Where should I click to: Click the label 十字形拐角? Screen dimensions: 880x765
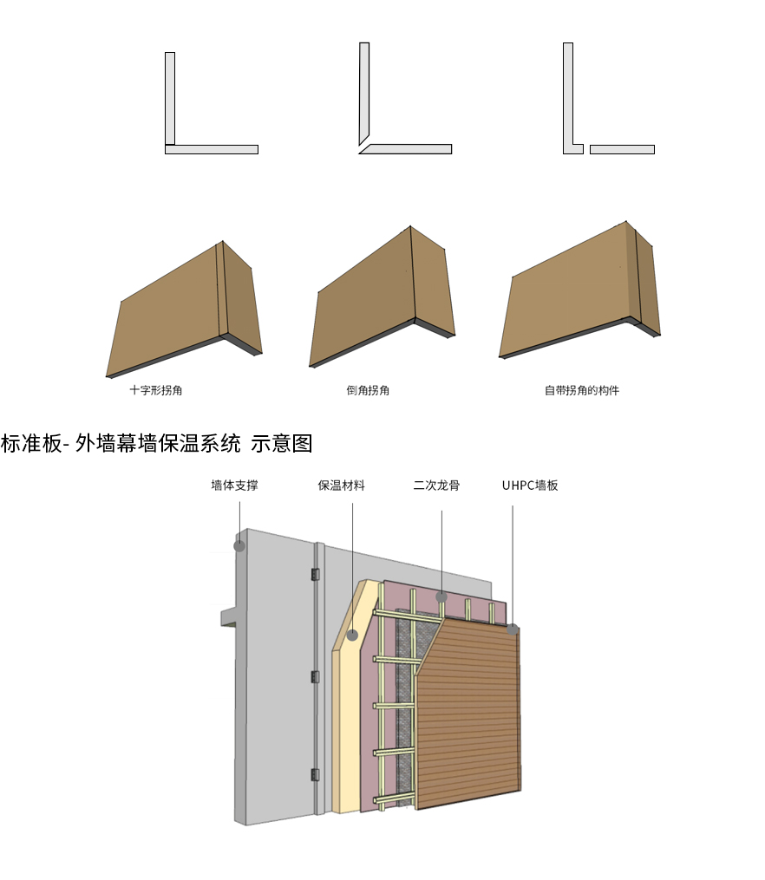156,390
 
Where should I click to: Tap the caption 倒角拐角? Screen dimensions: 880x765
368,390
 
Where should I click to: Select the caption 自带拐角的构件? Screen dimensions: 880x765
582,390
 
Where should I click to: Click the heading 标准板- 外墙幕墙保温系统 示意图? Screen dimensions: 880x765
156,444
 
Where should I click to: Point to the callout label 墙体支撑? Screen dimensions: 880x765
234,486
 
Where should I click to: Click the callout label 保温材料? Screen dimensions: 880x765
342,486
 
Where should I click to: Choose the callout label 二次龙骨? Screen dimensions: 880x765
436,486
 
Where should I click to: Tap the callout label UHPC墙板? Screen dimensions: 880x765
530,486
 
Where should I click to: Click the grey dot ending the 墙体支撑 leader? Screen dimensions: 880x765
239,546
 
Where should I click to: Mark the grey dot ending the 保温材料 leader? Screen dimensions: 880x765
353,636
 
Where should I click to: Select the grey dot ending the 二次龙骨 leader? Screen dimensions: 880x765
441,596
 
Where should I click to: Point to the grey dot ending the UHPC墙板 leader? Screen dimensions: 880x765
513,629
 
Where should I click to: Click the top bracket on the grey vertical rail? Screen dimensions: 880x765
316,573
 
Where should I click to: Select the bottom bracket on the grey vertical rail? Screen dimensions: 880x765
316,774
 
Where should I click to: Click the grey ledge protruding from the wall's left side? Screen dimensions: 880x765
228,616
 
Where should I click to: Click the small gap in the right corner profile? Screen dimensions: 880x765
586,149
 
